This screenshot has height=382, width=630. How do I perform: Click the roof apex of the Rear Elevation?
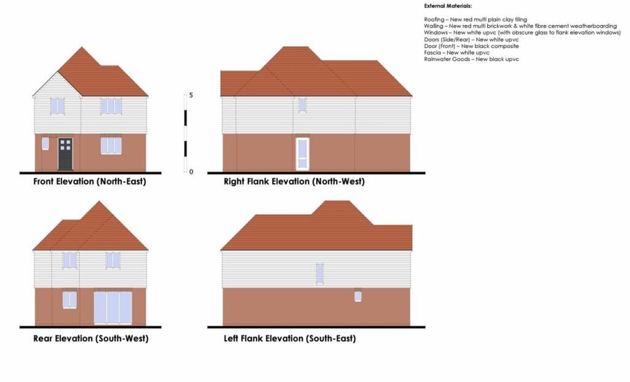click(x=99, y=201)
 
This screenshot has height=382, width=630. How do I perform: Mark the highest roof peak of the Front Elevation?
click(x=82, y=47)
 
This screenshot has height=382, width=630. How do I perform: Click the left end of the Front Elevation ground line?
click(x=20, y=173)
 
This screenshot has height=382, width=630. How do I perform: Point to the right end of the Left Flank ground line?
click(x=425, y=327)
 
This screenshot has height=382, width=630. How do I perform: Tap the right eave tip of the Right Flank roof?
click(x=412, y=96)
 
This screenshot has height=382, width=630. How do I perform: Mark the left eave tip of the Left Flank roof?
click(x=221, y=250)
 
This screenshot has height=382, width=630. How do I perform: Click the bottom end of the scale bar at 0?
click(x=185, y=172)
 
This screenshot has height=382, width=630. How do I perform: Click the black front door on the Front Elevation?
click(x=65, y=154)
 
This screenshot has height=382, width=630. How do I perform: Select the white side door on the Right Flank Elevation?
click(x=303, y=153)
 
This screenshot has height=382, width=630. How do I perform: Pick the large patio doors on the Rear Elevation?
click(x=113, y=308)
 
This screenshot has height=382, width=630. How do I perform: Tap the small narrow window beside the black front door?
click(x=46, y=143)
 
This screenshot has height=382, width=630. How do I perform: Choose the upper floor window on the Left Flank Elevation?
click(x=320, y=274)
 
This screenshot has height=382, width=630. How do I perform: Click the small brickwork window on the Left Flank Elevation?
click(x=357, y=296)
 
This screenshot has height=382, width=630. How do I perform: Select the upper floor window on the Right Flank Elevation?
click(x=302, y=105)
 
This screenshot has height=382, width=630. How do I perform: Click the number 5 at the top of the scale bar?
click(x=191, y=95)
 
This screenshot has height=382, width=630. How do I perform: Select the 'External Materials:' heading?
click(x=448, y=6)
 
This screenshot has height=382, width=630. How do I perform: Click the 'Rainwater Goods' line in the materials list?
click(x=471, y=59)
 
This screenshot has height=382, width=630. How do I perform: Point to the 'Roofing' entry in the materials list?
click(x=476, y=19)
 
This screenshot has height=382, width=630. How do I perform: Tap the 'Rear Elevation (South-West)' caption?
click(x=91, y=338)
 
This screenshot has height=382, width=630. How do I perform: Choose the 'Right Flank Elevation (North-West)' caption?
click(x=294, y=181)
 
